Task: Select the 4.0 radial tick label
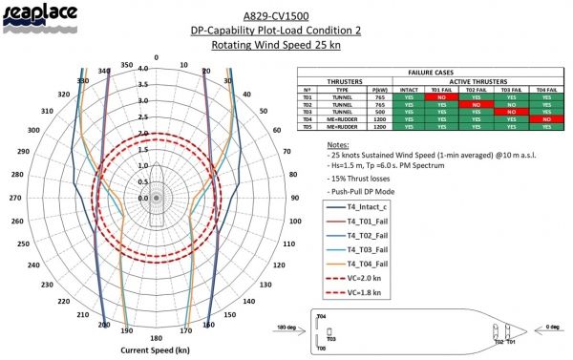142,69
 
